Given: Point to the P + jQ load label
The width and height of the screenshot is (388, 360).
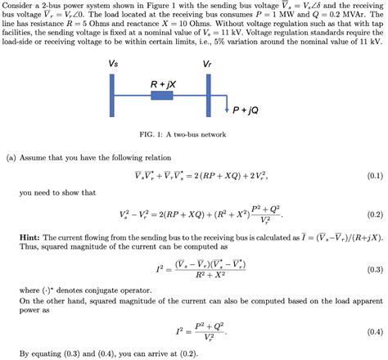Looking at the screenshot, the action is pos(246,109).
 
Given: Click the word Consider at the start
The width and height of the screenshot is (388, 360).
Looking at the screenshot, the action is pos(20,6).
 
